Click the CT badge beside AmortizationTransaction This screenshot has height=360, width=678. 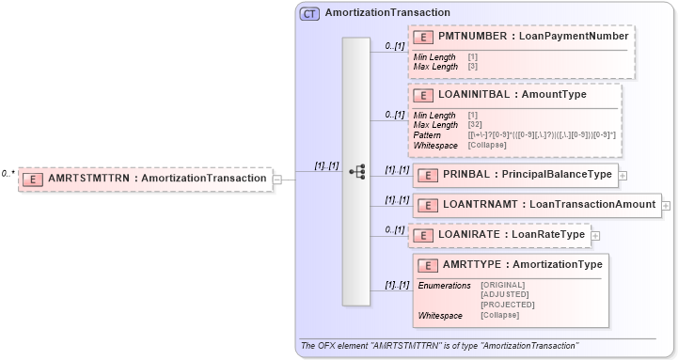coord(309,13)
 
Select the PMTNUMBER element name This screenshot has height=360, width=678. coord(471,36)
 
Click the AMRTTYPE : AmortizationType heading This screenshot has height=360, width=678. coord(523,264)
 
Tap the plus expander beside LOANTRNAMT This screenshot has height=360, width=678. coord(666,205)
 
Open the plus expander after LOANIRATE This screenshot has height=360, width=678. coord(595,235)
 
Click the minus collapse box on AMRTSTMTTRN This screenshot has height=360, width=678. coord(276,180)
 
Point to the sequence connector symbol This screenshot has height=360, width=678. coord(356,172)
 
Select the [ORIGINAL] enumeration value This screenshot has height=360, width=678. coord(502,284)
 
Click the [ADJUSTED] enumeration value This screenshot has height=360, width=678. coord(503,294)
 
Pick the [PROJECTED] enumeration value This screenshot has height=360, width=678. coord(507,305)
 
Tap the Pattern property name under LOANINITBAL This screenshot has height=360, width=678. coord(428,135)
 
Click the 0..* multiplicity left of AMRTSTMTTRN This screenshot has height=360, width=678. coord(8,173)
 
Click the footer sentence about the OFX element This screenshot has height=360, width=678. coord(439,346)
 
